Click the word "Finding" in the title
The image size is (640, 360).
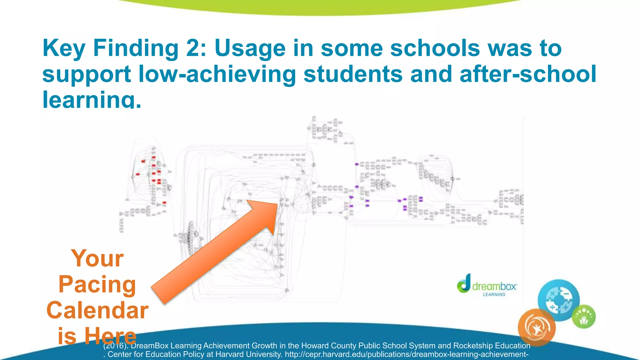coord(135,48)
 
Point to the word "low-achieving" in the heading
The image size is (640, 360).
coord(217,74)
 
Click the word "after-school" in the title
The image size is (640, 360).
coord(528,74)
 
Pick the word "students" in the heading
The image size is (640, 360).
coord(353,74)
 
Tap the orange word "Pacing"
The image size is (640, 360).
coord(97,284)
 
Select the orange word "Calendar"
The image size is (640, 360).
coord(97,310)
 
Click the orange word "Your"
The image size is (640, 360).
coord(97,259)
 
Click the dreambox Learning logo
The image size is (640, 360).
coord(487,284)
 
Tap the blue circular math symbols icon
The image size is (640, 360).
coord(559,300)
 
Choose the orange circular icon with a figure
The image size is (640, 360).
coord(537,327)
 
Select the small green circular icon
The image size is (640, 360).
coord(584,317)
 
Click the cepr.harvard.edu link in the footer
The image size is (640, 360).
coord(407,354)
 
